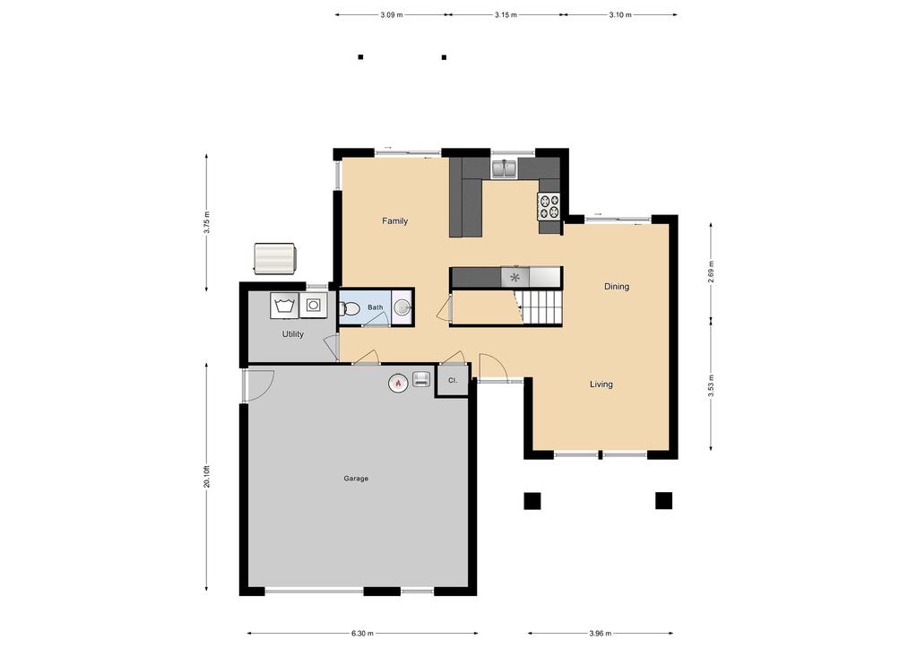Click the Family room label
click(x=394, y=221)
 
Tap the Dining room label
click(x=617, y=287)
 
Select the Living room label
click(x=601, y=384)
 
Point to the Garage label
click(x=356, y=479)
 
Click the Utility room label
click(x=293, y=334)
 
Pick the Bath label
click(x=376, y=307)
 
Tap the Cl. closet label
click(x=452, y=380)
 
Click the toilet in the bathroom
click(x=349, y=308)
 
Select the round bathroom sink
click(x=402, y=307)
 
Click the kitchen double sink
click(x=503, y=168)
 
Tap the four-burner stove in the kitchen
click(x=549, y=206)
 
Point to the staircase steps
click(x=541, y=307)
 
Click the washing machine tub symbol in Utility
click(x=284, y=306)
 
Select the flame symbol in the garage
click(x=398, y=383)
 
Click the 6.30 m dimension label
click(x=363, y=634)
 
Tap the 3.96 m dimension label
click(x=600, y=634)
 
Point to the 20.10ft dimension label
click(x=206, y=477)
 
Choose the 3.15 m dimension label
click(x=506, y=15)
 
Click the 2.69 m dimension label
click(x=711, y=272)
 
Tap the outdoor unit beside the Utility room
click(x=275, y=258)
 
